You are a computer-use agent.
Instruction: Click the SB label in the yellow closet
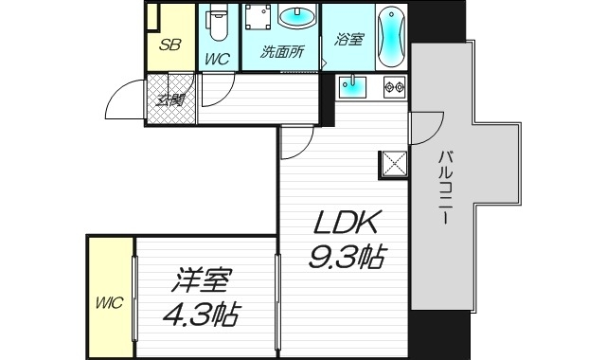(170, 45)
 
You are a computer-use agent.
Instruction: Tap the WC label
(217, 58)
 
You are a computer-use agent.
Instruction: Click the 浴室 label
(348, 40)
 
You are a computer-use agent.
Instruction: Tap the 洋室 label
(204, 280)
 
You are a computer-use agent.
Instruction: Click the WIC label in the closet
(109, 303)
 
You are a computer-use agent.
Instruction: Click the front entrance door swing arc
(119, 98)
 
